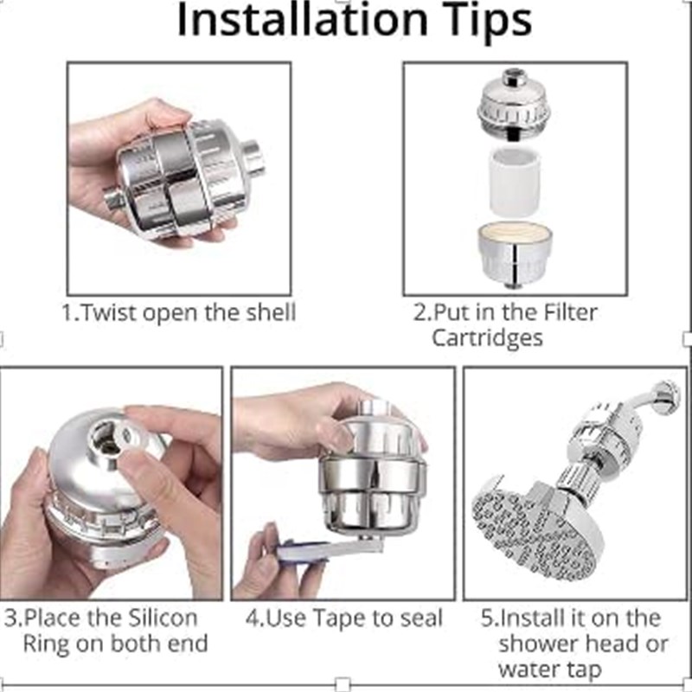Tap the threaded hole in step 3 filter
tap(111, 434)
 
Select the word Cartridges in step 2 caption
tap(488, 337)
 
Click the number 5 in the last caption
tap(487, 619)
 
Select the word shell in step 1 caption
tap(267, 313)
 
